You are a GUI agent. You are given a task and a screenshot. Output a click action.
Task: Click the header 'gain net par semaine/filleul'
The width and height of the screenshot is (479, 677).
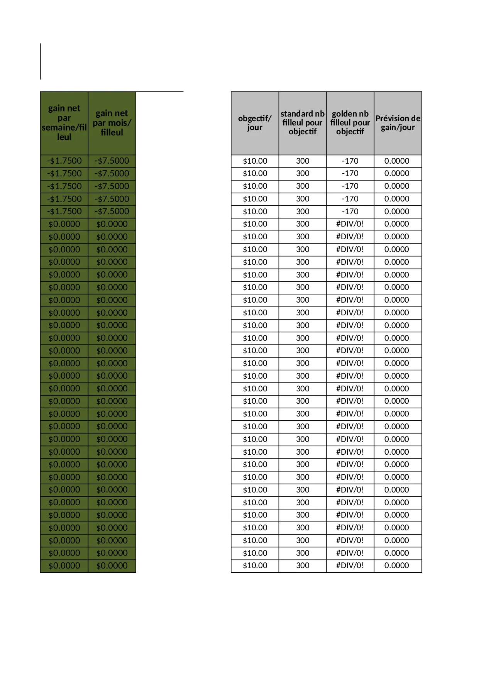(x=64, y=123)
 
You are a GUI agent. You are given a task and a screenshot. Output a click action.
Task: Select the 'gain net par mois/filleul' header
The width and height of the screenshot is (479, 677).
(x=112, y=123)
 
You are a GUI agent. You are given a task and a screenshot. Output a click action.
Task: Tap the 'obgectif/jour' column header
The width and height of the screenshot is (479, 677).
(x=255, y=123)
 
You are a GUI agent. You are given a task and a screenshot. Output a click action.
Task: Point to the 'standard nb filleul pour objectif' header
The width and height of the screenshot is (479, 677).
(x=303, y=123)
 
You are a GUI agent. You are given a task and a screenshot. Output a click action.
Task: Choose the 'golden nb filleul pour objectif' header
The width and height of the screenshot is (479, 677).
(x=350, y=123)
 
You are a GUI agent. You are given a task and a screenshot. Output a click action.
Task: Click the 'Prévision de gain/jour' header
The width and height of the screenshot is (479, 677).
(x=398, y=123)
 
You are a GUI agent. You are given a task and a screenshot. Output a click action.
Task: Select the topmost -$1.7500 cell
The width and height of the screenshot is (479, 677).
(x=64, y=161)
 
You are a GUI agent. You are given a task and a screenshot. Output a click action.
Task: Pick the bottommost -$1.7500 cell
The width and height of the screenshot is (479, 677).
(x=64, y=212)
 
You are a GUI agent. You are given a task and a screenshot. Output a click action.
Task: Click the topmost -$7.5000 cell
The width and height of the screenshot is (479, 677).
(x=112, y=161)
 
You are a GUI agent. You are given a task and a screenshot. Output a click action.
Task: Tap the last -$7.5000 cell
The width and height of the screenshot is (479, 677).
(x=112, y=212)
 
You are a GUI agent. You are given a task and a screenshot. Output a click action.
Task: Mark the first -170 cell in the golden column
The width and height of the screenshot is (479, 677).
(x=350, y=161)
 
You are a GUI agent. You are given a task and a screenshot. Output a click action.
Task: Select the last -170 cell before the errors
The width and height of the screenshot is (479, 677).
(x=350, y=212)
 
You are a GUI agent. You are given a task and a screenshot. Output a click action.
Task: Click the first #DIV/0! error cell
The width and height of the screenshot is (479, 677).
(x=350, y=224)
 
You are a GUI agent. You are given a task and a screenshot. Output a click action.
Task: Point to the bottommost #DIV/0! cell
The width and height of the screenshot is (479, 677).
(x=350, y=565)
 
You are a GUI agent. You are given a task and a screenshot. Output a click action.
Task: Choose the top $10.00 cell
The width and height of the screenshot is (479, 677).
(x=255, y=161)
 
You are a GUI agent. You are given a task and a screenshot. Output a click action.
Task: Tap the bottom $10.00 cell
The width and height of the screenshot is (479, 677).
(x=255, y=565)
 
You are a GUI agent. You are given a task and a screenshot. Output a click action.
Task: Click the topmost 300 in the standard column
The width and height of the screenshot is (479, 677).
(x=303, y=161)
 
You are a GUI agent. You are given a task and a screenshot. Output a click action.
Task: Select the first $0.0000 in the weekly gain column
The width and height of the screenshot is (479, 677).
(x=64, y=224)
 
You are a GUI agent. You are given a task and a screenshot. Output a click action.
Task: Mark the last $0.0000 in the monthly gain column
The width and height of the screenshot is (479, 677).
(x=112, y=565)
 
